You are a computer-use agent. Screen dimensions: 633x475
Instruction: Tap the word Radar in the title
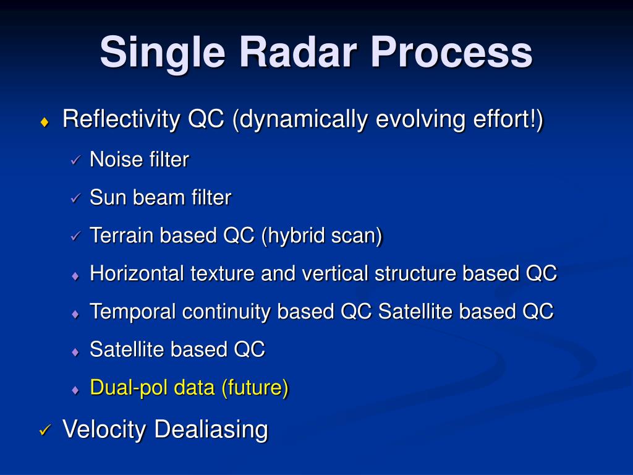(299, 52)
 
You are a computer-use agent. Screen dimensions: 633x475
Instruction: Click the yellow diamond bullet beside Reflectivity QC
(45, 122)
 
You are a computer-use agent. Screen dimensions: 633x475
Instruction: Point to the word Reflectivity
(121, 119)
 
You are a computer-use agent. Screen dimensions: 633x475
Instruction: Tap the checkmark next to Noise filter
(75, 160)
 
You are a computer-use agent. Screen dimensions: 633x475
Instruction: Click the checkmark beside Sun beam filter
(75, 199)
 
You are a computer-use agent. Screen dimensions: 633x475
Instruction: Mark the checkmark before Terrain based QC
(75, 236)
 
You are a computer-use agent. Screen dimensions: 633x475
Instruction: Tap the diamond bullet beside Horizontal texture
(75, 276)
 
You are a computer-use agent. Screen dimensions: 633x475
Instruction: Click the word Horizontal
(137, 273)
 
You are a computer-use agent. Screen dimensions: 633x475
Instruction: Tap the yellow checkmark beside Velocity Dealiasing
(45, 430)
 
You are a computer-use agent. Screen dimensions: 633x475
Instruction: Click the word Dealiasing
(211, 430)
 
